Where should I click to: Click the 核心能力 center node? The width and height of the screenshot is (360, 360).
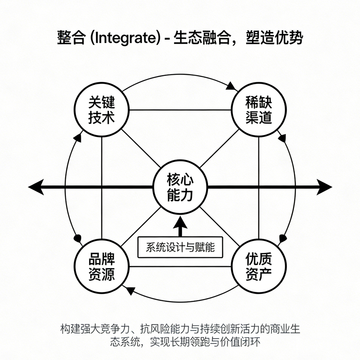(180, 187)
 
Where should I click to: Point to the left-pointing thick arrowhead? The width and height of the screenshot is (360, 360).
(36, 187)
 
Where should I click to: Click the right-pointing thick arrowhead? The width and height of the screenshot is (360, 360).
(324, 187)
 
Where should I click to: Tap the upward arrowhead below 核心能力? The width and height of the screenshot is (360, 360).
(180, 222)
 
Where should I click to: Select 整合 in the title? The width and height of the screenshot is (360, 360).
(71, 37)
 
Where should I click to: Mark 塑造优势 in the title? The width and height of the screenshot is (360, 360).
(274, 37)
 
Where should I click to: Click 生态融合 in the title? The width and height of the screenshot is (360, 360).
(202, 37)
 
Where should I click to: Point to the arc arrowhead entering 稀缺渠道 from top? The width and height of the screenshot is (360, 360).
(231, 87)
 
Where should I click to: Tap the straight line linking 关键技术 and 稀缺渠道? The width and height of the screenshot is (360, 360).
(180, 110)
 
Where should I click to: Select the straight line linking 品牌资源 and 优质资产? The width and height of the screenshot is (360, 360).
(180, 266)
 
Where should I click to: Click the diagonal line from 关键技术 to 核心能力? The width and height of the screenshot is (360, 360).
(141, 148)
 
